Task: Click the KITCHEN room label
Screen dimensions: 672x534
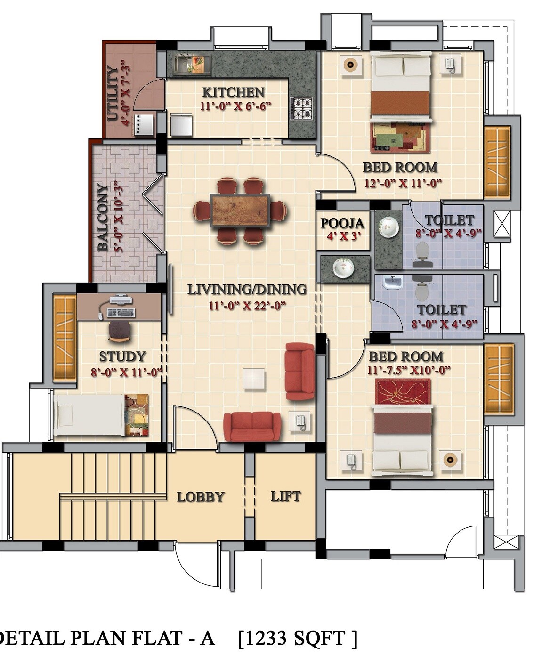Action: coord(233,92)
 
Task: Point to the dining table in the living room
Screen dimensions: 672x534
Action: coord(240,211)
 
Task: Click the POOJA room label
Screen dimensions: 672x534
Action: coord(342,223)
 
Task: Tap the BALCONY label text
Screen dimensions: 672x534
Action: coord(103,217)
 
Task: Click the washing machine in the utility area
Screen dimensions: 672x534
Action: coord(144,125)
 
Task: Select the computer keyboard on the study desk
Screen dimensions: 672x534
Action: coord(121,313)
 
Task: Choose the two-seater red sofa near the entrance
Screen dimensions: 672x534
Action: coord(252,426)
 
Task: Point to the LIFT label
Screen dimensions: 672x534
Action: coord(285,496)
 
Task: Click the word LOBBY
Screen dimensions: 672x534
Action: coord(201,497)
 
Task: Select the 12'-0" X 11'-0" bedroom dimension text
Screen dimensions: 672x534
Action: coord(403,184)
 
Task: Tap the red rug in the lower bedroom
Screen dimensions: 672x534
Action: coord(403,392)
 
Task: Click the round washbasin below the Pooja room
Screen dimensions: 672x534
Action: coord(344,268)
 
